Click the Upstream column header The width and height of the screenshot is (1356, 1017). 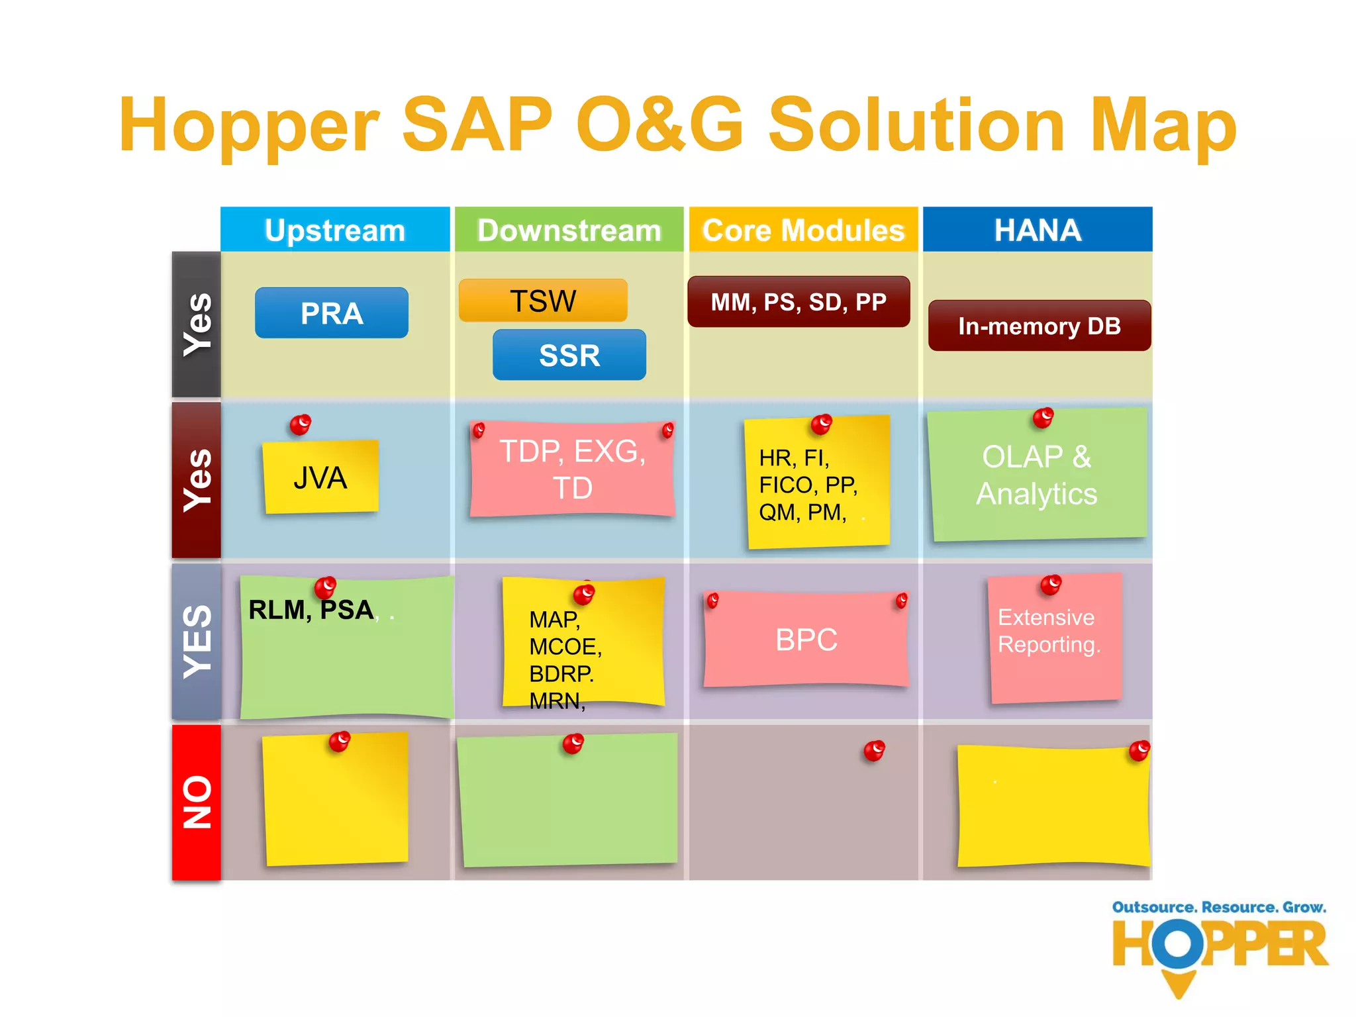(335, 230)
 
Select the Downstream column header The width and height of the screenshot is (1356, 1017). (569, 230)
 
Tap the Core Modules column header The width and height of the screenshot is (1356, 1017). (803, 230)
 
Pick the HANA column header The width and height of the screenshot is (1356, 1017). (1037, 230)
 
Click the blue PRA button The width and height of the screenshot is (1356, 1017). (331, 313)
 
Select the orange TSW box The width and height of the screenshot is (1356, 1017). (543, 301)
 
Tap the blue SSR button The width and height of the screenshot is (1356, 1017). (569, 355)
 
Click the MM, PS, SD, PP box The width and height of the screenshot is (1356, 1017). (799, 302)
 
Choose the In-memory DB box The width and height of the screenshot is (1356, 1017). (1039, 326)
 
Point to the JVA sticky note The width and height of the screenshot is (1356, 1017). (320, 477)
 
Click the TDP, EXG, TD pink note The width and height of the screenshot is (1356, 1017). (572, 469)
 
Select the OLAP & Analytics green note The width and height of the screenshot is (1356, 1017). (1037, 475)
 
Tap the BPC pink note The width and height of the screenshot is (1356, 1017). (806, 640)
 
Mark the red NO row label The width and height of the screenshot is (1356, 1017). (197, 802)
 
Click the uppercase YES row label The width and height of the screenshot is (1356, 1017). (197, 641)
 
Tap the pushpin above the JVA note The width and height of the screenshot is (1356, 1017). (301, 424)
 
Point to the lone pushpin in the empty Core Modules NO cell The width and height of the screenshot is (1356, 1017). (874, 750)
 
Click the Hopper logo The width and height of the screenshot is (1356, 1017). (1220, 947)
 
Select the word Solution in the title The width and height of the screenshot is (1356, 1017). (916, 126)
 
